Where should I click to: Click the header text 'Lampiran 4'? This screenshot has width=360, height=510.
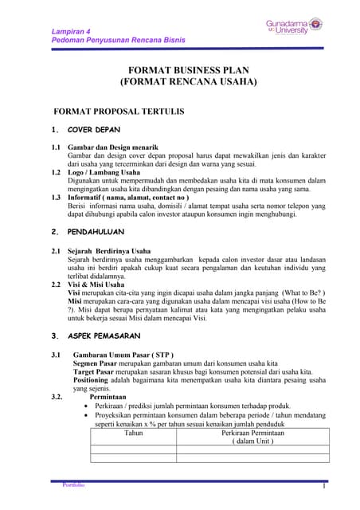[71, 29]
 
